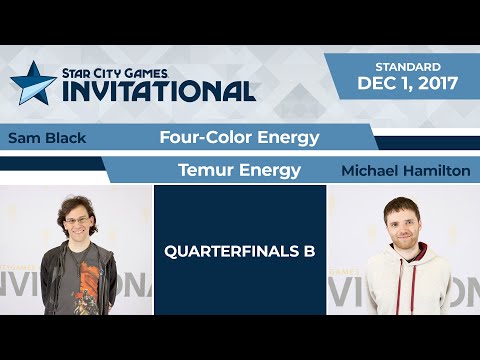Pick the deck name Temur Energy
239,170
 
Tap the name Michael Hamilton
405,171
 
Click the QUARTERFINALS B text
240,251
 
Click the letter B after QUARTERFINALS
309,251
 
